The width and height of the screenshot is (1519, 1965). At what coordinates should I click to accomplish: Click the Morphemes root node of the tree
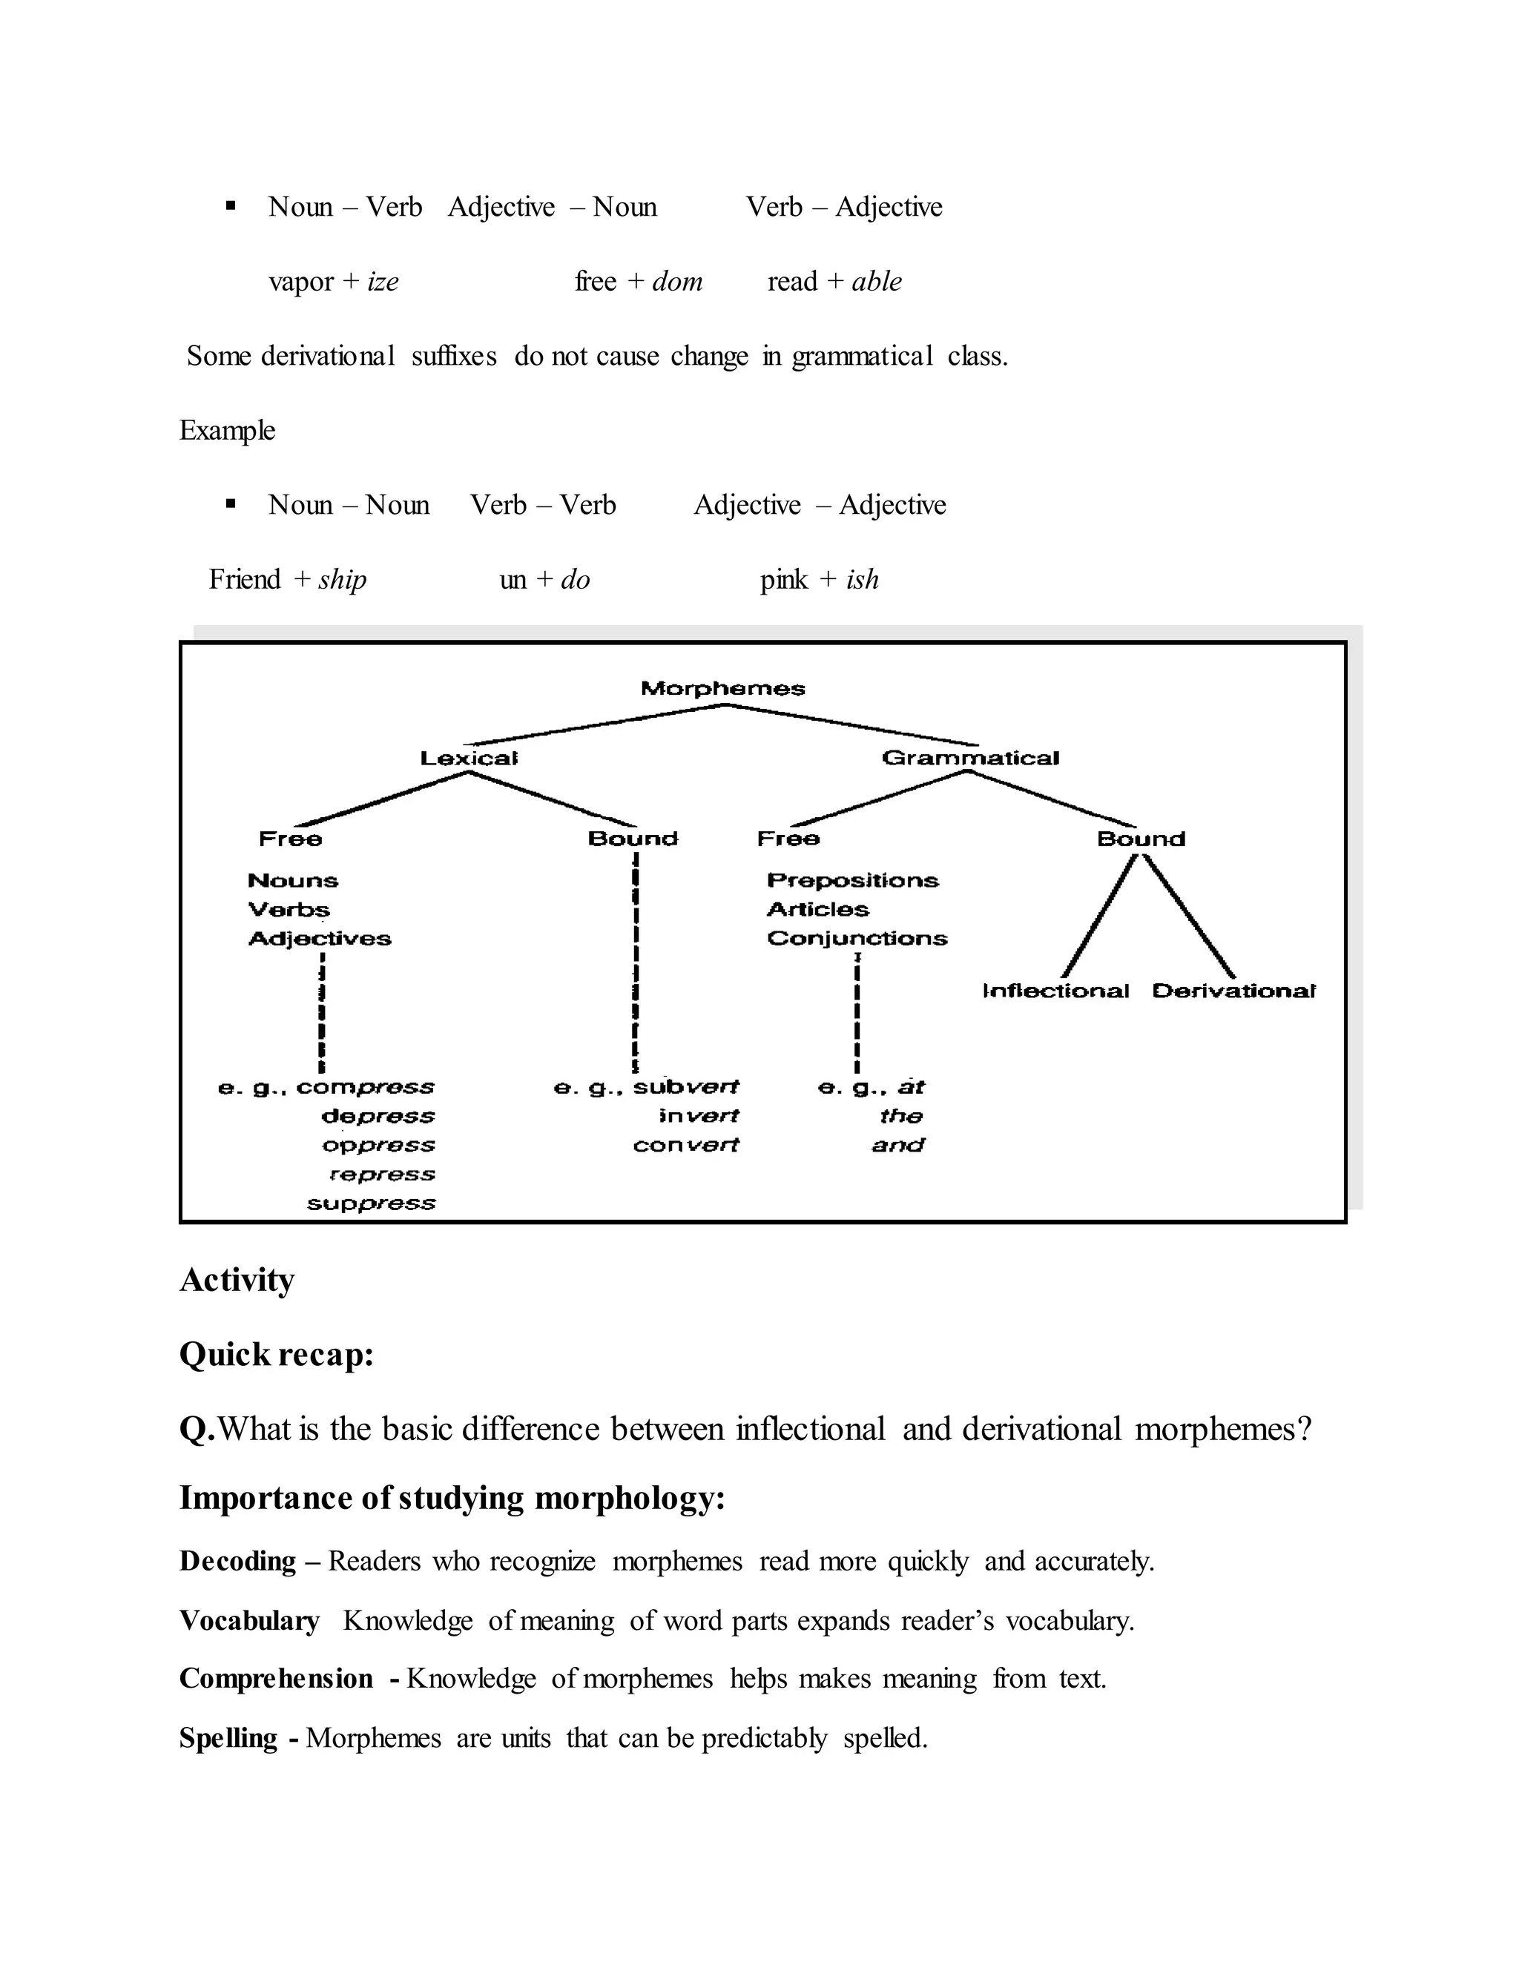point(722,689)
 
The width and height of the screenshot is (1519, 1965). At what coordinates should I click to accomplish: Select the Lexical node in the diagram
point(469,759)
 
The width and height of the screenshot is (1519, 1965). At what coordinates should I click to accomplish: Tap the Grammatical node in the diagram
point(970,759)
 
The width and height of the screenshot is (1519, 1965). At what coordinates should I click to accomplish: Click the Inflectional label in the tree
point(1055,991)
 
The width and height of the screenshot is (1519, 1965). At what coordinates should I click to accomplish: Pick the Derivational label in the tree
point(1233,991)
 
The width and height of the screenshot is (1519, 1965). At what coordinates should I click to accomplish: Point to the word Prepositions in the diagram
point(852,881)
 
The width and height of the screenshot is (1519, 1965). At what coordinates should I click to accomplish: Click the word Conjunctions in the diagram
point(857,939)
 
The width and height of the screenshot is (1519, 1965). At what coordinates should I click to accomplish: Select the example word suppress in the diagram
point(371,1203)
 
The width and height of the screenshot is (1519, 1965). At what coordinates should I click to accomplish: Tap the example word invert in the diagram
point(698,1117)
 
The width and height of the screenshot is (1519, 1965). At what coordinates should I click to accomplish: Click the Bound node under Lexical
point(633,839)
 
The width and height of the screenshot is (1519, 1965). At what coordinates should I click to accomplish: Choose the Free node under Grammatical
point(788,839)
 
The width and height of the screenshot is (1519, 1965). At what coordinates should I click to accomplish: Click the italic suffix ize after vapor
point(383,282)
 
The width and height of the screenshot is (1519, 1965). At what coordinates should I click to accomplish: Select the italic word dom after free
point(676,282)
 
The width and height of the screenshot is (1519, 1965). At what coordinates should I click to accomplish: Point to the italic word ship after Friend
point(342,579)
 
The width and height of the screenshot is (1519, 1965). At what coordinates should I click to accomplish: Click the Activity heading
point(237,1281)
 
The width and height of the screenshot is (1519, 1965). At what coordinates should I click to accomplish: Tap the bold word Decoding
point(237,1561)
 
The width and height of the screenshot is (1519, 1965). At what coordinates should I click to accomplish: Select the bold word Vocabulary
point(249,1620)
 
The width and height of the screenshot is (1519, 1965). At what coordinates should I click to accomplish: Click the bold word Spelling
point(228,1737)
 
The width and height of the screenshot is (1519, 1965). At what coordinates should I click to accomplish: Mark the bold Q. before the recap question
point(197,1430)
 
